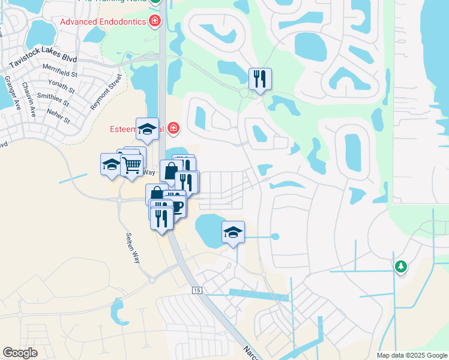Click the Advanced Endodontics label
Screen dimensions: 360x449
coord(103,22)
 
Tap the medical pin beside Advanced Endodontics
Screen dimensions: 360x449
coord(155,22)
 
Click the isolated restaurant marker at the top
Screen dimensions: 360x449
coord(260,79)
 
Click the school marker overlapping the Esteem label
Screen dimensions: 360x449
coord(147,129)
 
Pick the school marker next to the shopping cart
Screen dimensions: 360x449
coord(111,165)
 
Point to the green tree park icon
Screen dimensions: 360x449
coord(401,266)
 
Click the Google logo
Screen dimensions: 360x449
coord(20,353)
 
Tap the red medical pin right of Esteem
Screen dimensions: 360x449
coord(173,128)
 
